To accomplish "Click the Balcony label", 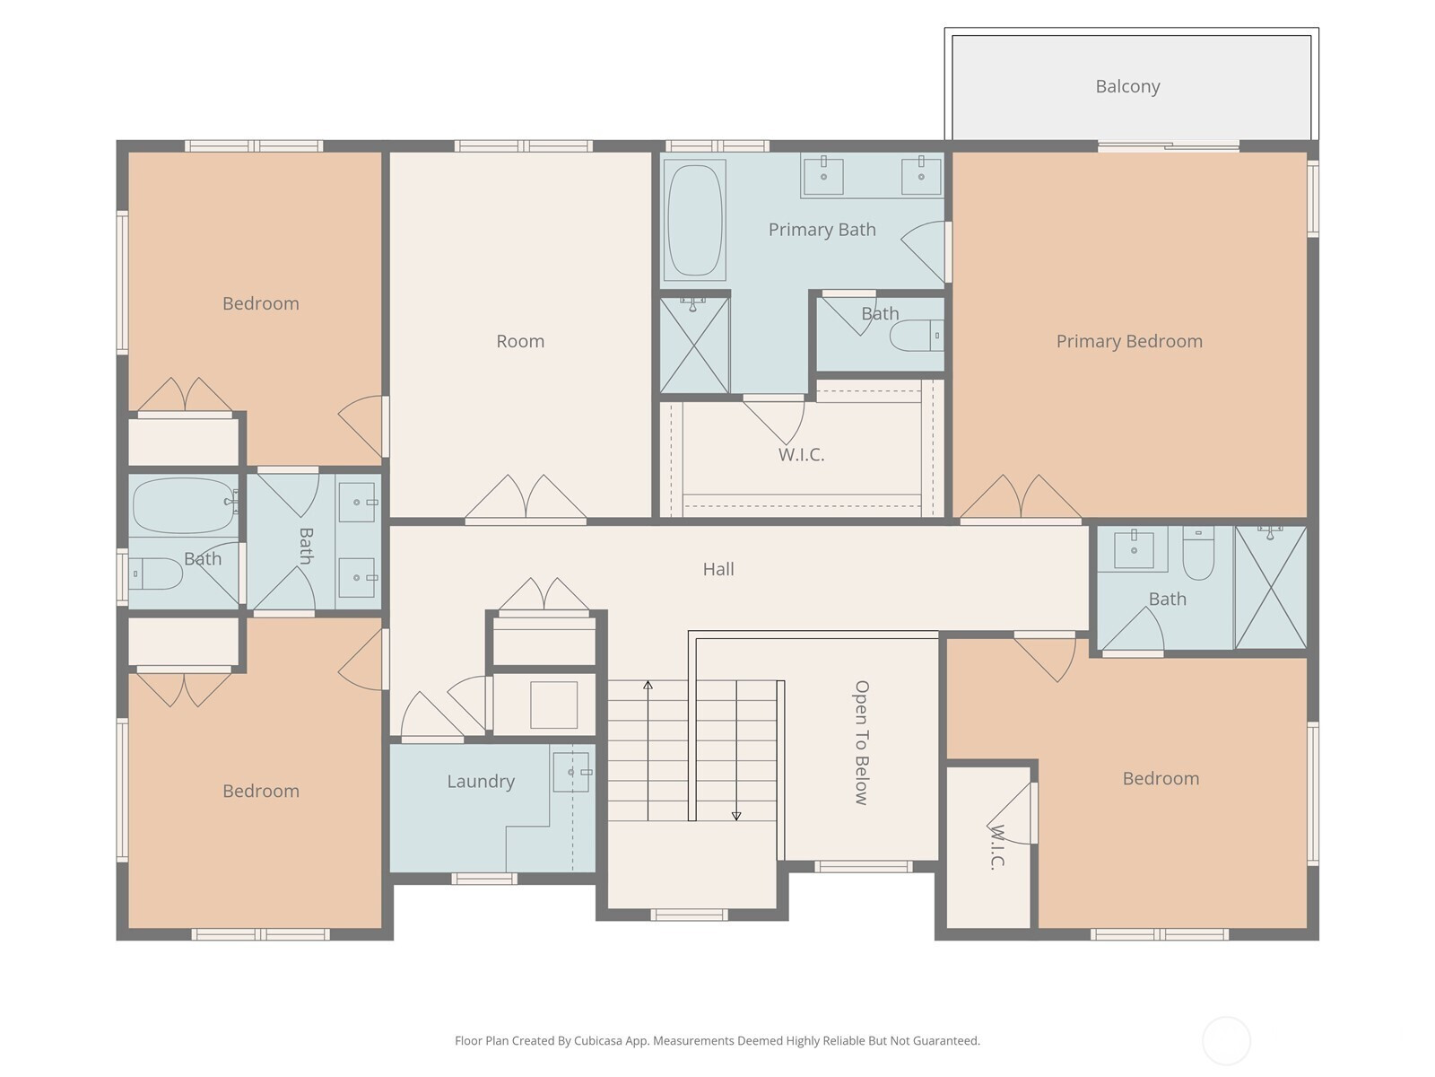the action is [x=1127, y=86].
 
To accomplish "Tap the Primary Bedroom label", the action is [x=1129, y=341].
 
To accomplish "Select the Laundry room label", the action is [x=481, y=782].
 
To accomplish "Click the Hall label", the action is [x=718, y=569].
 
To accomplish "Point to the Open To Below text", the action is [x=862, y=742].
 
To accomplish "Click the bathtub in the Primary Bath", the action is [x=694, y=220].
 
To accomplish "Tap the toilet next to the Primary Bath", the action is [x=917, y=336].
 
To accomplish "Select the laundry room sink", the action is [x=572, y=772].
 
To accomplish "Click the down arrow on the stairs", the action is [x=736, y=750].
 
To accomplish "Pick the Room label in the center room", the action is [x=519, y=341].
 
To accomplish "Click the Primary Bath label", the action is [x=822, y=230].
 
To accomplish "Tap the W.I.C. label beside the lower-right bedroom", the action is [x=995, y=847].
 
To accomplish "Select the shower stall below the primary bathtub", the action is [x=694, y=346].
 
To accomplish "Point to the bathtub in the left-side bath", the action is [x=183, y=505].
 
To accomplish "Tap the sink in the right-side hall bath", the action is [x=1133, y=549].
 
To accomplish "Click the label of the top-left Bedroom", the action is [x=261, y=303].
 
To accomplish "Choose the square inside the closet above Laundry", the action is [x=553, y=705].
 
